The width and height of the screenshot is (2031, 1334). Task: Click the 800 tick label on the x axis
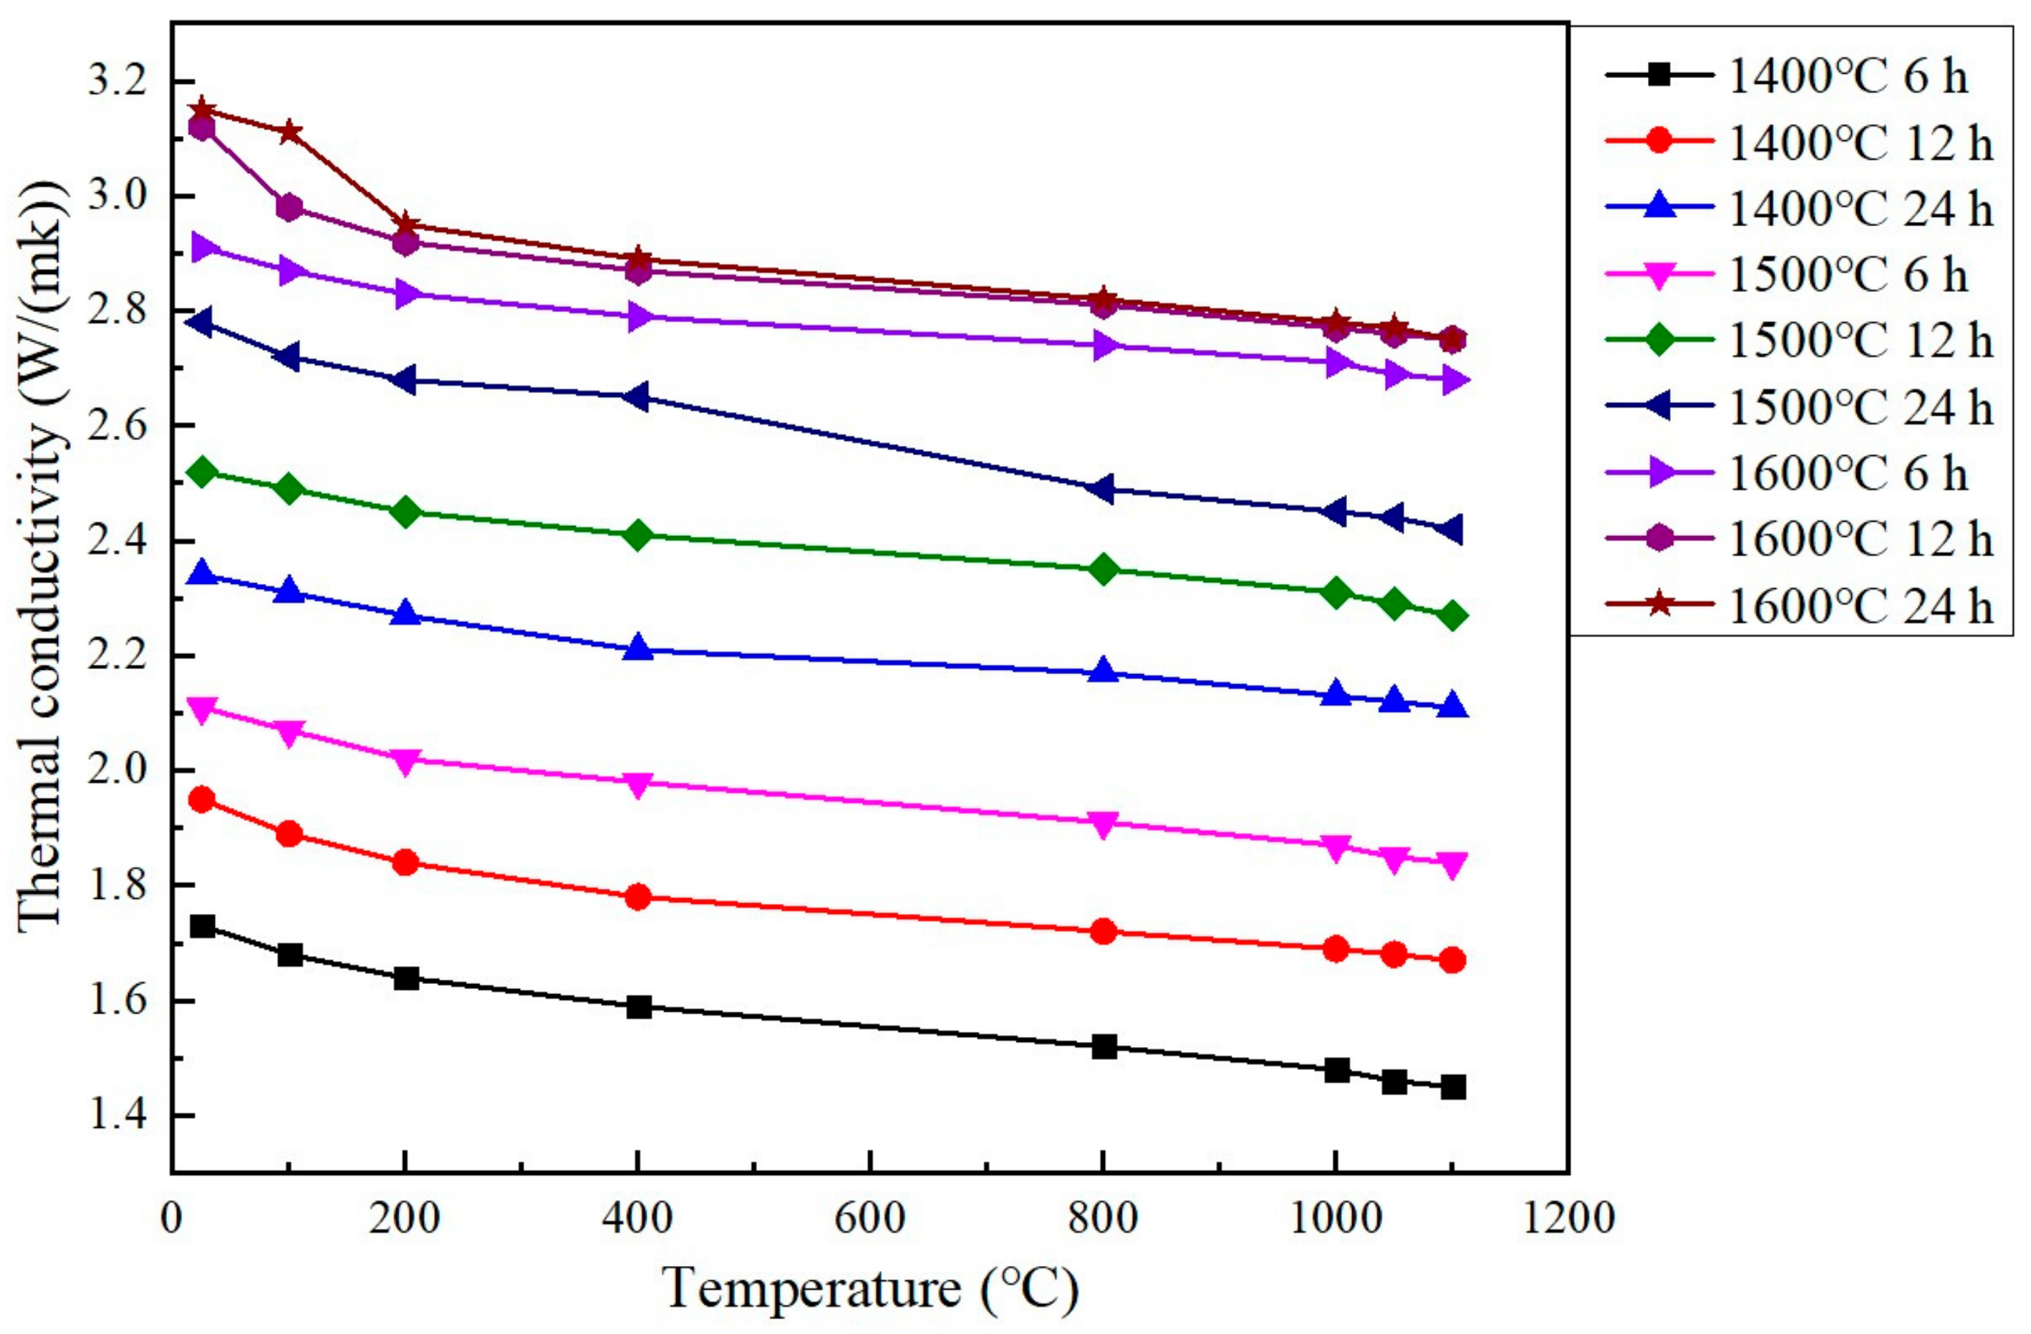[x=1104, y=1218]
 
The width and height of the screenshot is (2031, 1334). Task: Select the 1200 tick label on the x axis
[x=1568, y=1218]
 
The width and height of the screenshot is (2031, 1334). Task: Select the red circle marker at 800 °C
[x=1104, y=931]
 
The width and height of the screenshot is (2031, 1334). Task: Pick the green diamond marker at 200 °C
[x=405, y=512]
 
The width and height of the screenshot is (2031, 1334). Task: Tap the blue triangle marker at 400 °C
[x=638, y=649]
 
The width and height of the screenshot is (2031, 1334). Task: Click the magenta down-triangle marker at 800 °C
[x=1104, y=824]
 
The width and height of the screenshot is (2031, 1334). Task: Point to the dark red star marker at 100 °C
[x=289, y=132]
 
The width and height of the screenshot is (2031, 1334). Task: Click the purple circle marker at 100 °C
[x=289, y=208]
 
